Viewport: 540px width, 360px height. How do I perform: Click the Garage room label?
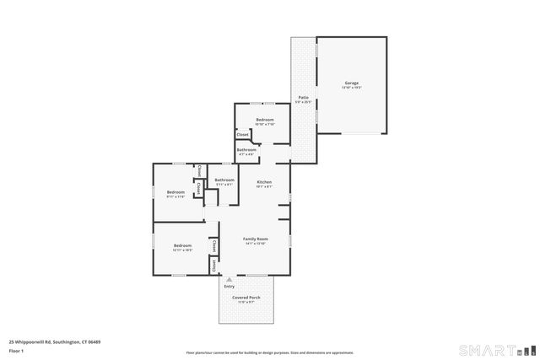pyautogui.click(x=351, y=83)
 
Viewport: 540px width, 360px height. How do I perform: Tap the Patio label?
pyautogui.click(x=303, y=98)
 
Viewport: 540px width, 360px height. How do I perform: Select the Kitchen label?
pyautogui.click(x=264, y=182)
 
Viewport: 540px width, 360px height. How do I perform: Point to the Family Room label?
pyautogui.click(x=256, y=239)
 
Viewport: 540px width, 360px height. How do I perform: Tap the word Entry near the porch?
pyautogui.click(x=229, y=287)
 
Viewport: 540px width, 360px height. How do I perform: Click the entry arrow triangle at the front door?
pyautogui.click(x=229, y=279)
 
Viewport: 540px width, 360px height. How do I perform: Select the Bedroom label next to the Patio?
pyautogui.click(x=265, y=120)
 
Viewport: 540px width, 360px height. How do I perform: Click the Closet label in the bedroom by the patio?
pyautogui.click(x=242, y=135)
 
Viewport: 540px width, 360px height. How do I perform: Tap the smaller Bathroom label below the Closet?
pyautogui.click(x=246, y=150)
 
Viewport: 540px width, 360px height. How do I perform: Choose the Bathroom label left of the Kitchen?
pyautogui.click(x=224, y=180)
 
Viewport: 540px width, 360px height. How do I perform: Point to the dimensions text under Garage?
pyautogui.click(x=351, y=88)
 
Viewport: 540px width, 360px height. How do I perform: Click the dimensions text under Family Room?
pyautogui.click(x=256, y=244)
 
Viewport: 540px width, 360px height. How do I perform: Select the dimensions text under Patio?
pyautogui.click(x=303, y=103)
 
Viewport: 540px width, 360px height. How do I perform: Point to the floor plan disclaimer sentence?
pyautogui.click(x=270, y=352)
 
